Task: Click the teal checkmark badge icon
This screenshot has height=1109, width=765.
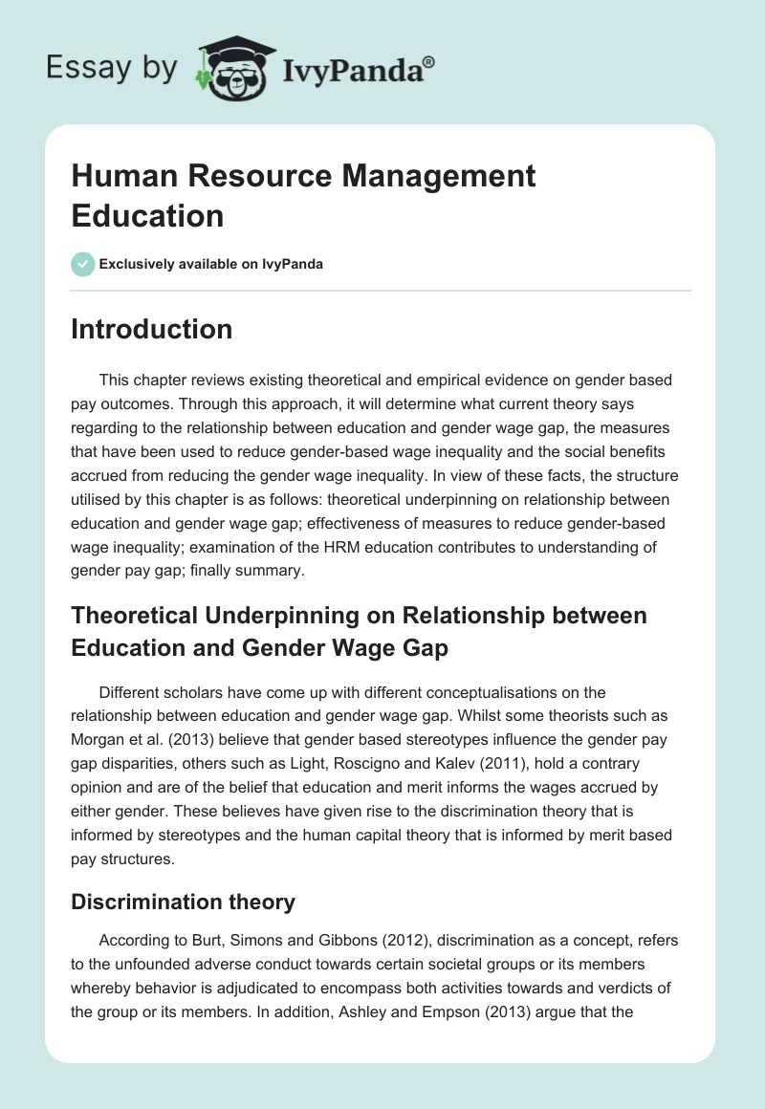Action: pyautogui.click(x=83, y=264)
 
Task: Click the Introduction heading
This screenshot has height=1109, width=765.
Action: pyautogui.click(x=151, y=330)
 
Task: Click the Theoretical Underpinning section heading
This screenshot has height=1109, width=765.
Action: pyautogui.click(x=359, y=631)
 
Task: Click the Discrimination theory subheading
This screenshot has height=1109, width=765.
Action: pyautogui.click(x=183, y=902)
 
